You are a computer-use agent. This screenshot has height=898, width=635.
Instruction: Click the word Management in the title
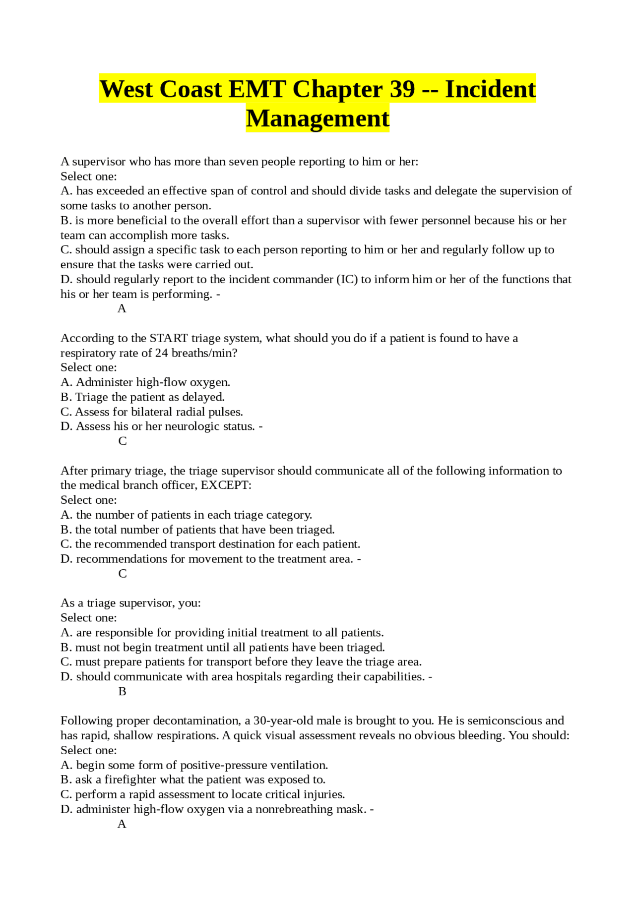click(317, 119)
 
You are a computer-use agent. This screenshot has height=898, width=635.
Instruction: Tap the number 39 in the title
click(402, 89)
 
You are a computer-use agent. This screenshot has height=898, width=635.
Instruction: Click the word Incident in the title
click(490, 89)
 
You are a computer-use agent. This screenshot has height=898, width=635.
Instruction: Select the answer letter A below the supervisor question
click(122, 308)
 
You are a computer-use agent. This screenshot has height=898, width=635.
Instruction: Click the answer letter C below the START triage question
click(123, 441)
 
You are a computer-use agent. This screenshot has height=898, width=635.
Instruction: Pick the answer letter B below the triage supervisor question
click(123, 691)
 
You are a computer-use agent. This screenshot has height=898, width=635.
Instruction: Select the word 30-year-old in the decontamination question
click(283, 720)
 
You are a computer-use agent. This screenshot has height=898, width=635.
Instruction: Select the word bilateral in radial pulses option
click(153, 412)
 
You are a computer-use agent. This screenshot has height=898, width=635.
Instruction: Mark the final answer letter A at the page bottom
click(122, 824)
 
